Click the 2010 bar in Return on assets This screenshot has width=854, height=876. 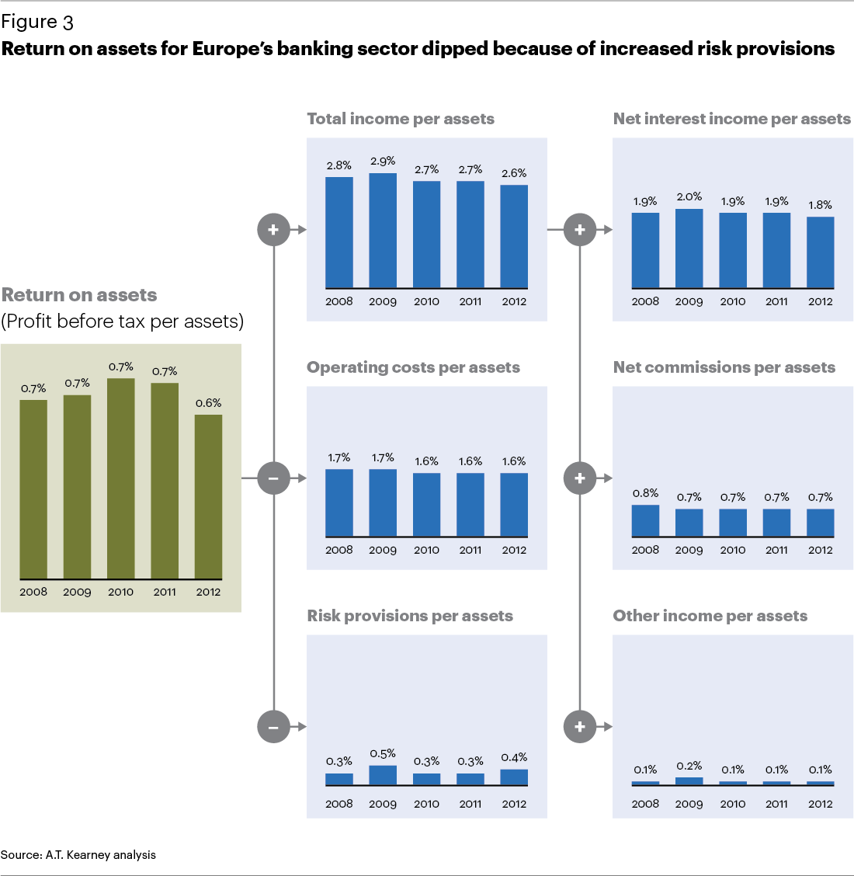[120, 478]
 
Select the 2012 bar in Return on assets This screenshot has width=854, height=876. [208, 497]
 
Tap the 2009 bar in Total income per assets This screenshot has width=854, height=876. [383, 231]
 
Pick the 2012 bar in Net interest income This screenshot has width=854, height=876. [821, 252]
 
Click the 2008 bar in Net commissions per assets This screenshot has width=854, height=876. [645, 521]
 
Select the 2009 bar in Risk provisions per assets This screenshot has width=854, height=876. [383, 775]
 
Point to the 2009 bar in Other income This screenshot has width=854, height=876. [689, 781]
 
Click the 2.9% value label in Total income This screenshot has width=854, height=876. [383, 161]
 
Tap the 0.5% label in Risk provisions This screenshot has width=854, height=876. [383, 753]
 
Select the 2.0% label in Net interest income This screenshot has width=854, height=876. [689, 196]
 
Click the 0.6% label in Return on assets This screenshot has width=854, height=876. [208, 402]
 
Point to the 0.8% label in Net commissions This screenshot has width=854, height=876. [645, 492]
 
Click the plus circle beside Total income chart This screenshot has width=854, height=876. [273, 230]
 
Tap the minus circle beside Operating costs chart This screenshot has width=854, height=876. [273, 478]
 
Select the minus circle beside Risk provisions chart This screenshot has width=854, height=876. [273, 727]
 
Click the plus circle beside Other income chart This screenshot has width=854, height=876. [580, 727]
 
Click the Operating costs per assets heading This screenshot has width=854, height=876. [413, 367]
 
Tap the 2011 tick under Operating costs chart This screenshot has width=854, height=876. [470, 550]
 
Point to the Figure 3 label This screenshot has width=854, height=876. [37, 22]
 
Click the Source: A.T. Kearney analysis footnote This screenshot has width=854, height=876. [78, 855]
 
